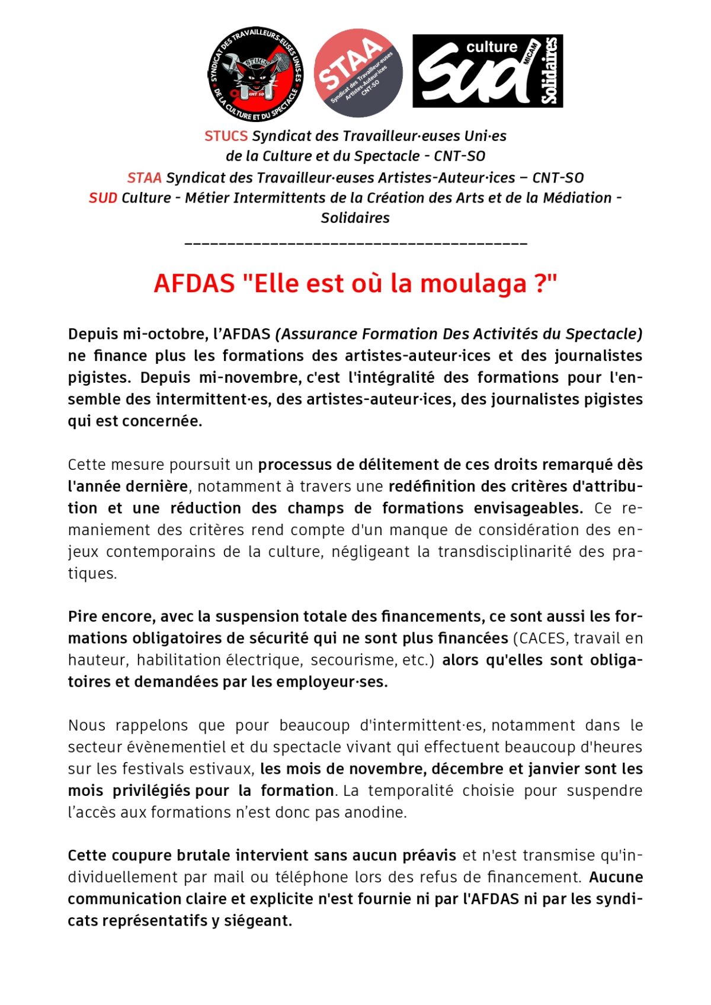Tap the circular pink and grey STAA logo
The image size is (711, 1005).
click(358, 72)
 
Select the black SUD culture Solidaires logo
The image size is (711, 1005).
click(487, 71)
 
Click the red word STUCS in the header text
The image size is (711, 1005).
click(226, 136)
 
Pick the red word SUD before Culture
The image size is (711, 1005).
click(103, 197)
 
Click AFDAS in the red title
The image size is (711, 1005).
click(194, 283)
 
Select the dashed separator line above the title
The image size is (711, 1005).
click(355, 243)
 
